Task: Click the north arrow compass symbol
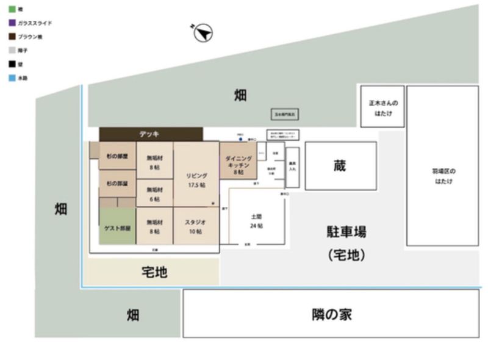point(203,33)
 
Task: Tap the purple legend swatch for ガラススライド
point(12,23)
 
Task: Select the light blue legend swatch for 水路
point(12,78)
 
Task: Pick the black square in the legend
point(12,64)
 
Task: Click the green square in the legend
point(12,10)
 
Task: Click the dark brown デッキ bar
point(151,134)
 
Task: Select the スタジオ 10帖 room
point(196,226)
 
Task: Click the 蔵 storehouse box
point(340,166)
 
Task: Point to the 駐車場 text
point(346,232)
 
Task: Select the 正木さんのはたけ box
point(382,108)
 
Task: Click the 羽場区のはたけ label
point(442,176)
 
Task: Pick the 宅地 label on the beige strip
point(154,272)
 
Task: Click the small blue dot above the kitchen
point(240,138)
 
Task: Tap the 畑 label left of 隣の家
point(133,315)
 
